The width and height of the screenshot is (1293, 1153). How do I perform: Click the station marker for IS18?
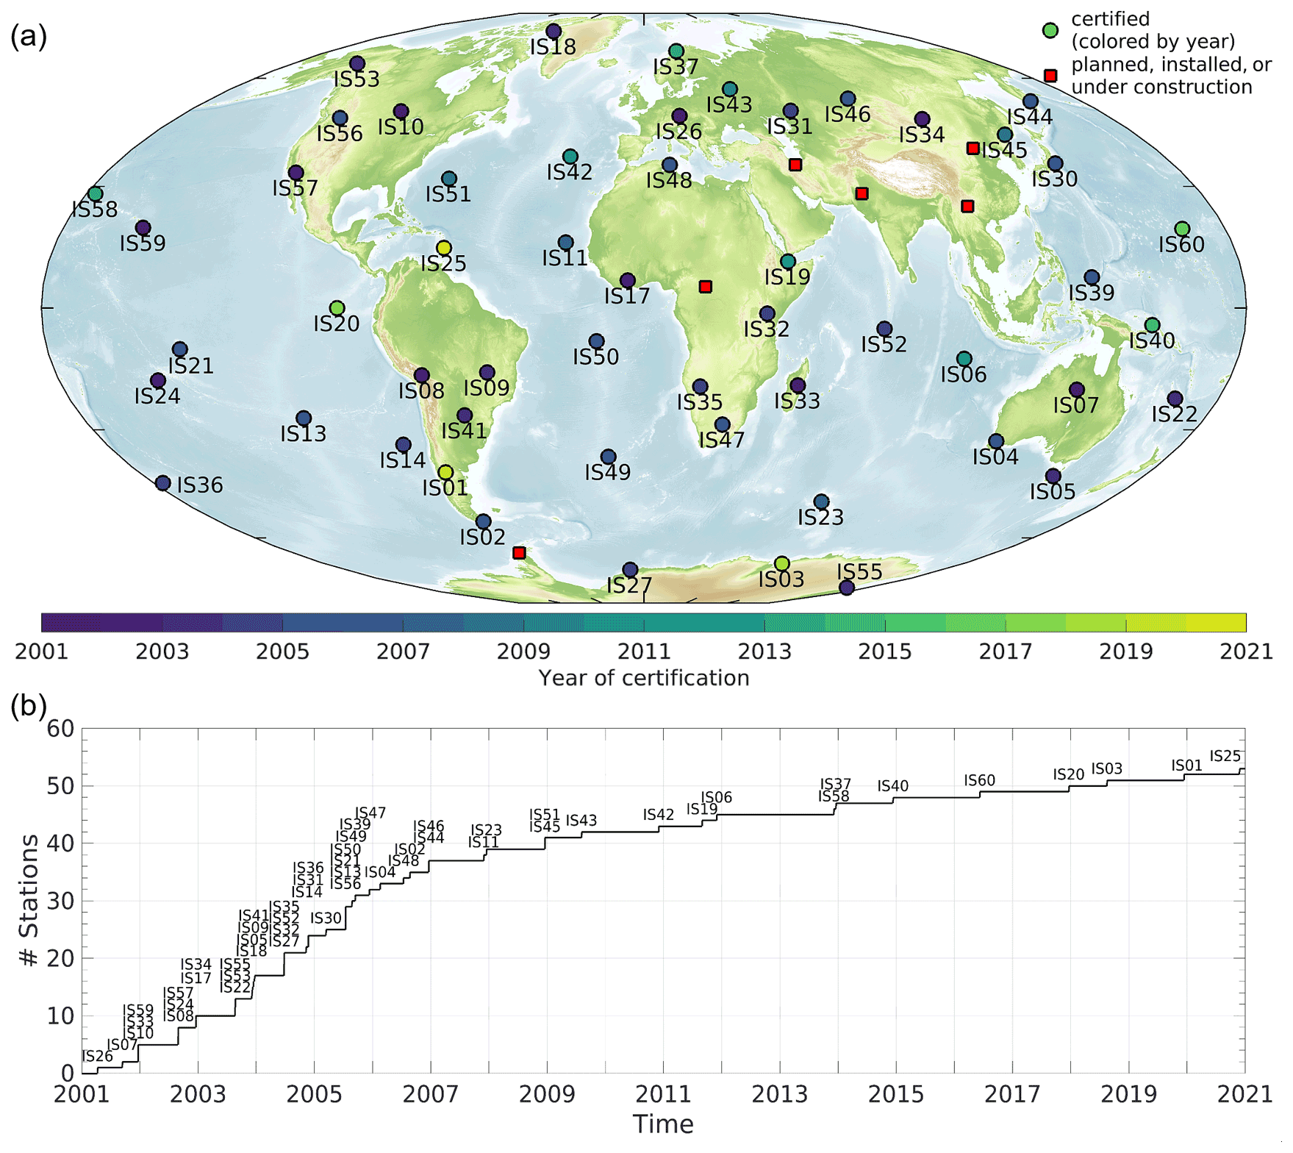pyautogui.click(x=554, y=31)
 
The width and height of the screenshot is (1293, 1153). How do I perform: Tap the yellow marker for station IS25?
pyautogui.click(x=443, y=248)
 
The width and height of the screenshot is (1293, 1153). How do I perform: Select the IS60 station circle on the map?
pyautogui.click(x=1182, y=229)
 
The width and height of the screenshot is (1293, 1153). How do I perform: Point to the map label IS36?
pyautogui.click(x=200, y=485)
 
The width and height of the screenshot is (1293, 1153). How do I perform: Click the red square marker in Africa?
pyautogui.click(x=706, y=287)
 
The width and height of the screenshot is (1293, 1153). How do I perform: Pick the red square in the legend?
pyautogui.click(x=1050, y=76)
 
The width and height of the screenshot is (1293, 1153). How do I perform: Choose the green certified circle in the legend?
pyautogui.click(x=1050, y=30)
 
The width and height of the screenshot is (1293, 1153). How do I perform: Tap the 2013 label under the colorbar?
pyautogui.click(x=764, y=652)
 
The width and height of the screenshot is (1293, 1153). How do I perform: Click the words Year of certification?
pyautogui.click(x=644, y=678)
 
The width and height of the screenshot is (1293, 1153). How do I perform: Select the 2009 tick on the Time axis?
pyautogui.click(x=547, y=1094)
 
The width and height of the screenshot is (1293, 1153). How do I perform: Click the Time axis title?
pyautogui.click(x=663, y=1124)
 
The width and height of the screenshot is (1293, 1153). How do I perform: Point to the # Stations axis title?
pyautogui.click(x=29, y=901)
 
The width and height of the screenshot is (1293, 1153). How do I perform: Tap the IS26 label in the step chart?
pyautogui.click(x=98, y=1057)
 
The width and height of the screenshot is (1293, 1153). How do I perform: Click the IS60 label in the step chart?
pyautogui.click(x=980, y=780)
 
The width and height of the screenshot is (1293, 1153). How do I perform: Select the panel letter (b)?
pyautogui.click(x=28, y=706)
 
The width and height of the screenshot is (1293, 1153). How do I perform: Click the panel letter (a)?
pyautogui.click(x=28, y=35)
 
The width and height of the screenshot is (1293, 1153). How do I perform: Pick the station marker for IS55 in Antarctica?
pyautogui.click(x=847, y=588)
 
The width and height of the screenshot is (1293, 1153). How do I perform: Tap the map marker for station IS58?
pyautogui.click(x=95, y=194)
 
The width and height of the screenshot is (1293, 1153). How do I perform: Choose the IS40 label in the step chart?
pyautogui.click(x=893, y=786)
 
